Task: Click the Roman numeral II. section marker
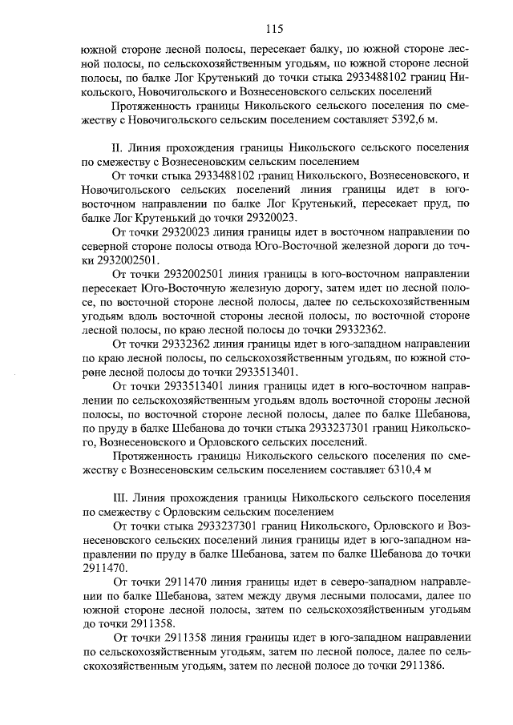(x=120, y=148)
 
